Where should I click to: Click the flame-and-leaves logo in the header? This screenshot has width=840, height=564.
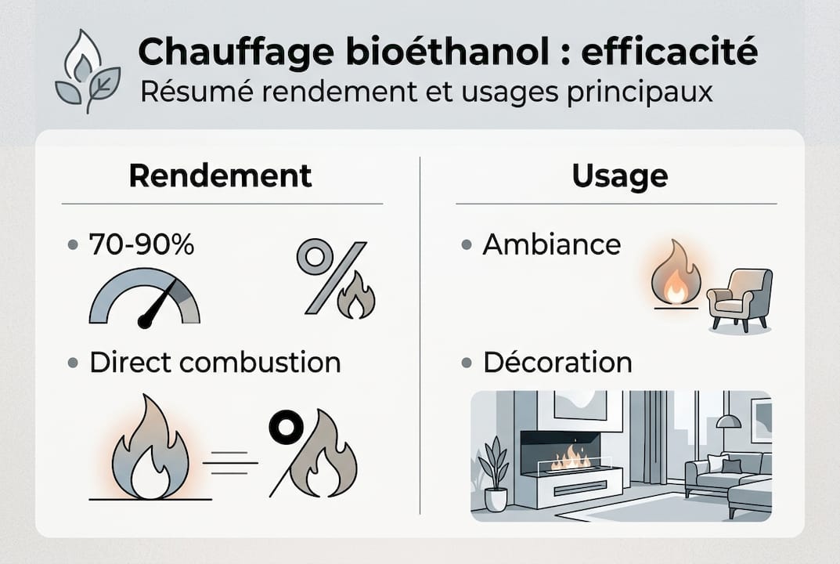[87, 71]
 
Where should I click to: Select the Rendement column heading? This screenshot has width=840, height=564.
[220, 175]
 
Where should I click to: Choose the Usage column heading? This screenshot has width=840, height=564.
[619, 175]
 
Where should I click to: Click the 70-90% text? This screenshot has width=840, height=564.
[142, 244]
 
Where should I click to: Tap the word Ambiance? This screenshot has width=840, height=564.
[551, 244]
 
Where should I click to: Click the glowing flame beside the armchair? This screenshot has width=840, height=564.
[676, 274]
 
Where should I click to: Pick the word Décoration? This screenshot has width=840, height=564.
[557, 363]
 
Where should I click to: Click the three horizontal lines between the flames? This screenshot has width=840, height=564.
[229, 464]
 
